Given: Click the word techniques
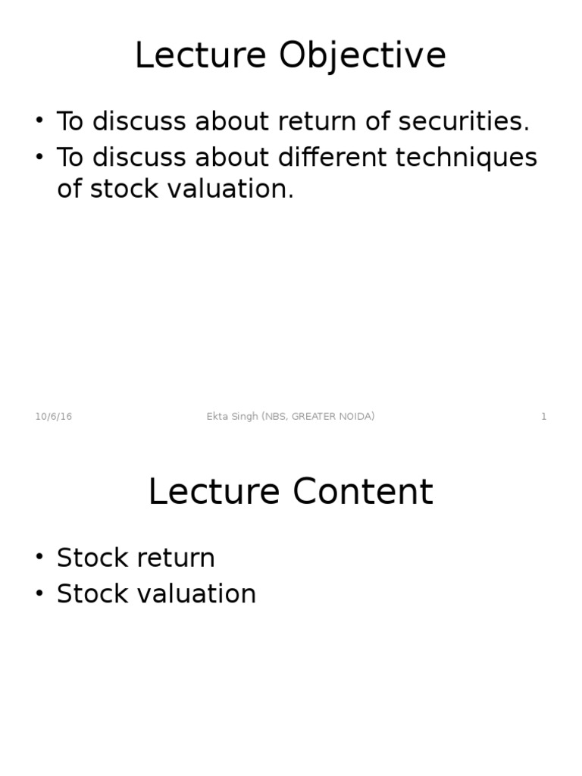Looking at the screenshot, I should pyautogui.click(x=465, y=158).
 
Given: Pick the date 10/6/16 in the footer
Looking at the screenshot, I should pyautogui.click(x=54, y=417).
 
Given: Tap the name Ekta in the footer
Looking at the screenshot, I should pyautogui.click(x=217, y=417).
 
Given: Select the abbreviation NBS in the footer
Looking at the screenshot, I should pyautogui.click(x=275, y=417).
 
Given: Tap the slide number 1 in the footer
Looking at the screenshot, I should pyautogui.click(x=543, y=417).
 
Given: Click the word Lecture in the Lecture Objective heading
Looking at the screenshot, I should pyautogui.click(x=200, y=57).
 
